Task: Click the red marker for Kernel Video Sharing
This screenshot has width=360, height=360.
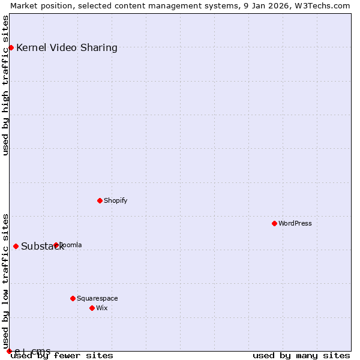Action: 11,47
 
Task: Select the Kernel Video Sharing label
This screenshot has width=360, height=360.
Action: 67,48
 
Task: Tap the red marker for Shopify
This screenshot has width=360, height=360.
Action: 100,200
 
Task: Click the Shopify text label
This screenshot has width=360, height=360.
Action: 115,201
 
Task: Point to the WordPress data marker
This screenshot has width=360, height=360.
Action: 274,223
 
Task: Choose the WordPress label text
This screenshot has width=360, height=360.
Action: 295,224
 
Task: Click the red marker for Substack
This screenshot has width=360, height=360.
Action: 16,246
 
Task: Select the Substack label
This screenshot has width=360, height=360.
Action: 42,247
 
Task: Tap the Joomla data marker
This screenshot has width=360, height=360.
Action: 56,245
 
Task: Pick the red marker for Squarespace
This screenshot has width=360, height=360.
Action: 73,298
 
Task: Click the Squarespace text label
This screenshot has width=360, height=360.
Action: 97,299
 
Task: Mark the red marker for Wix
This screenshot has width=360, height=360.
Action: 92,308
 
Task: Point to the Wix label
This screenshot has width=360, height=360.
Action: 102,308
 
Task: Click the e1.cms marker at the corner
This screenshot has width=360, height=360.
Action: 9,351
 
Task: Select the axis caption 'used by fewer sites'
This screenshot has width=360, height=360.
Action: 62,356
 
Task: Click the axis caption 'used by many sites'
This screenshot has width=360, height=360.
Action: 301,356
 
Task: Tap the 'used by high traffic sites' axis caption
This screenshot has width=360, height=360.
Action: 6,85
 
